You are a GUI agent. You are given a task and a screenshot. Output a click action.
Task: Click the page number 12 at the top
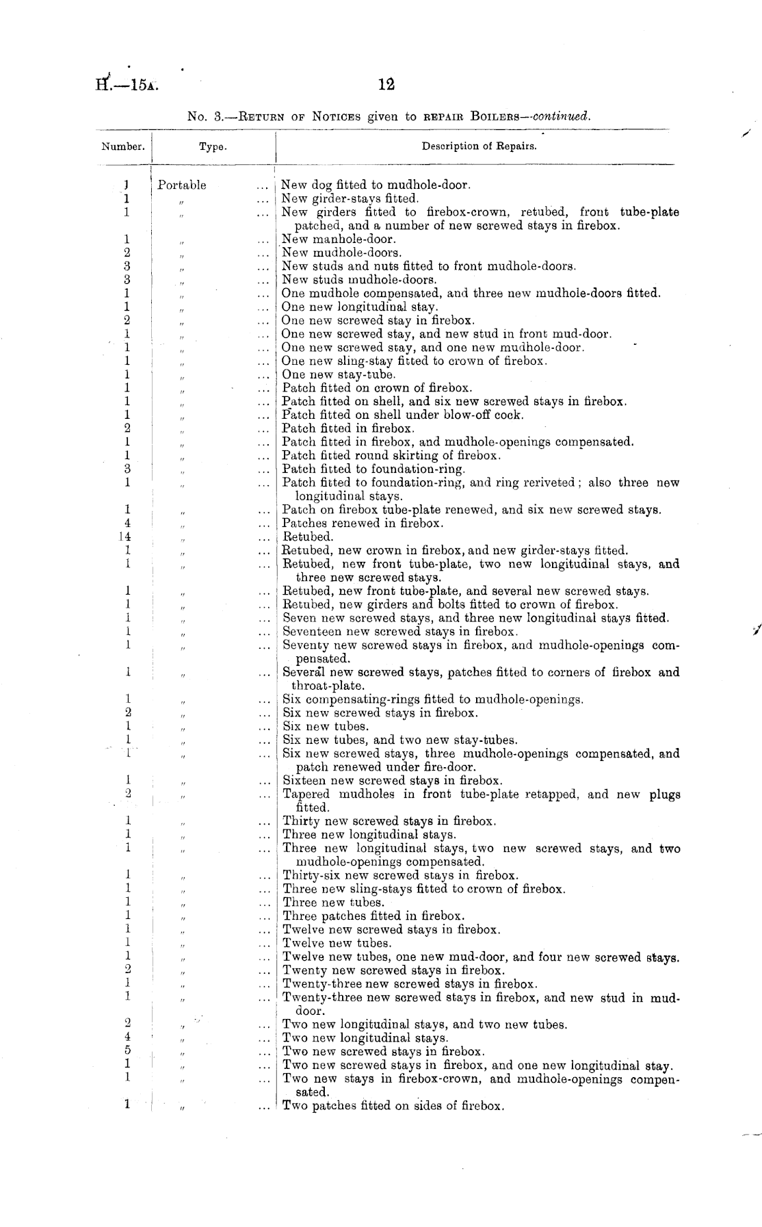386,85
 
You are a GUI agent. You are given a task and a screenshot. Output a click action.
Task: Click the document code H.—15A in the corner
127,86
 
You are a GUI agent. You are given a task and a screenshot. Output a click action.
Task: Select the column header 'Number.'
123,146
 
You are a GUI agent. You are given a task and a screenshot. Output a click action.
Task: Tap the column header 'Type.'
213,146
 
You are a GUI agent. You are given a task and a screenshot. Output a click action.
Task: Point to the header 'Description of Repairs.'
479,146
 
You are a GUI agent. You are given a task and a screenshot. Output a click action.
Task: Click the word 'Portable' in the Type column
181,185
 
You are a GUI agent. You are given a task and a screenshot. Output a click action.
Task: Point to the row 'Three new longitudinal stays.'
369,835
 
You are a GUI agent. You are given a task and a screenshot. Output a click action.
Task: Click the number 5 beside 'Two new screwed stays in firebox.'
127,1052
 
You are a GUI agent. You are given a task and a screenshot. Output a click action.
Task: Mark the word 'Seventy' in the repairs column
305,645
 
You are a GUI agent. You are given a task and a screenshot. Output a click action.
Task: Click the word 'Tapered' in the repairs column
306,795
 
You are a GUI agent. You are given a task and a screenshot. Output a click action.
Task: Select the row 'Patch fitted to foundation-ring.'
373,469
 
